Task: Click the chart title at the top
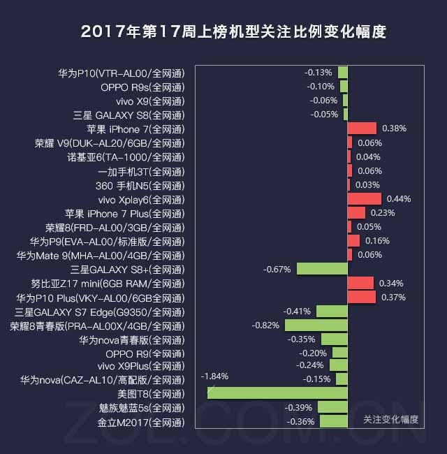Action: (233, 32)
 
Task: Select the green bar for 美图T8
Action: (277, 393)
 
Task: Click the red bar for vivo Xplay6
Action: (364, 199)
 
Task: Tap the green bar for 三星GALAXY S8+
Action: (322, 269)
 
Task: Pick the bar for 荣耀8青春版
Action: (316, 325)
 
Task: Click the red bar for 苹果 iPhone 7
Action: (362, 129)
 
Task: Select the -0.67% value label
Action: (277, 269)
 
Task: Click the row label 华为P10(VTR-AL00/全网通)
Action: (122, 73)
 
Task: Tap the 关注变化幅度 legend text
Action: (391, 419)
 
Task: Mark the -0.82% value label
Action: (265, 325)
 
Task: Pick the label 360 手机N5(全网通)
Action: (140, 185)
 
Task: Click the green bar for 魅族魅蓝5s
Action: (332, 407)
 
